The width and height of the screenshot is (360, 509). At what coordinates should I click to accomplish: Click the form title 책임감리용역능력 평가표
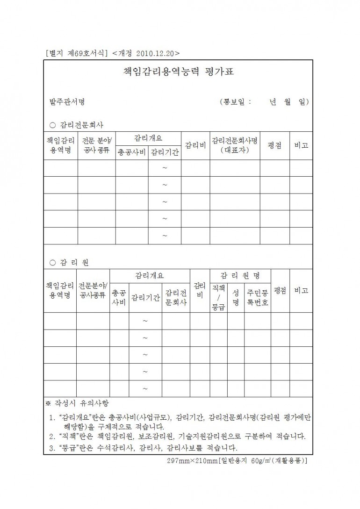179,72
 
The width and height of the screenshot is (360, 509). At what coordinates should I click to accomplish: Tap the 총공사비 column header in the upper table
132,152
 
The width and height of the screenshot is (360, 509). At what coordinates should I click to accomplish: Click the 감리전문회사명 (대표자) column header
235,145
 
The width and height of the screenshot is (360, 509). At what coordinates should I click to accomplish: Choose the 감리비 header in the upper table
195,145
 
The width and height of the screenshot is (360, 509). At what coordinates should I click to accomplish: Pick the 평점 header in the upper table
274,145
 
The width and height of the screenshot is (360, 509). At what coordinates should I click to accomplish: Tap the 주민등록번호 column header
258,297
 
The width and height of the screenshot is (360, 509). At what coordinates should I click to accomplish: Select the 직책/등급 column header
218,297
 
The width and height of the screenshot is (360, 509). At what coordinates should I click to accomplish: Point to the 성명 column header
236,297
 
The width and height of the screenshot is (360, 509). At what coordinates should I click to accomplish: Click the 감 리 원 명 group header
240,275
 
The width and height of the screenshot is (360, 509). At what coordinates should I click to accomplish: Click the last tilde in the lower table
145,388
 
